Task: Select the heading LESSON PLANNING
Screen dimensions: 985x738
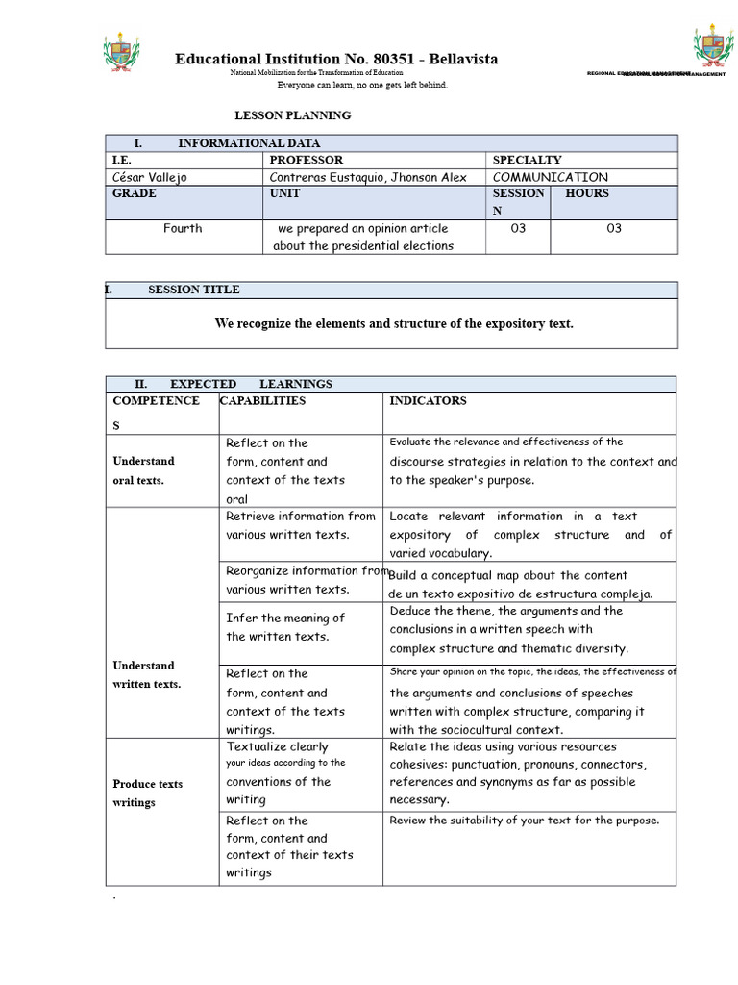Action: tap(293, 115)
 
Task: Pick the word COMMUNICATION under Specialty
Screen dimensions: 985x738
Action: tap(550, 177)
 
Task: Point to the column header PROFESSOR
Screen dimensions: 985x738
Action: tap(306, 160)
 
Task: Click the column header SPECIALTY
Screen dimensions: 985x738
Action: tap(527, 160)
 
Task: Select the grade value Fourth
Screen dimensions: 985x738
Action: tap(183, 229)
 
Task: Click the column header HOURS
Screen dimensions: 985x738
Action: tap(586, 193)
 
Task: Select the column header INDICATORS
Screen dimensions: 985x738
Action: tap(428, 401)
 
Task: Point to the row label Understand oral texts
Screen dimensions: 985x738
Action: tap(143, 470)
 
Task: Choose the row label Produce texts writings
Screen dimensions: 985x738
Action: tap(147, 793)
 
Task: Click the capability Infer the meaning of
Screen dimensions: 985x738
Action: tap(284, 619)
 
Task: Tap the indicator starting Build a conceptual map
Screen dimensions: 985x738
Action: tap(507, 575)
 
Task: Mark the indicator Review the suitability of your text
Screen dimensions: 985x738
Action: tap(524, 821)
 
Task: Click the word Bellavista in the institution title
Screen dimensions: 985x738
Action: tap(463, 60)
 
